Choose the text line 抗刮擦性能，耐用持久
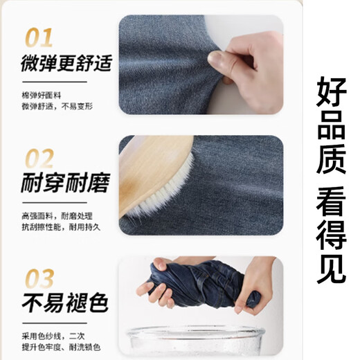pos(61,226)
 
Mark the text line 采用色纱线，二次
pos(52,335)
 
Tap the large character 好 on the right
pos(331,94)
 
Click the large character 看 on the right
pos(331,206)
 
